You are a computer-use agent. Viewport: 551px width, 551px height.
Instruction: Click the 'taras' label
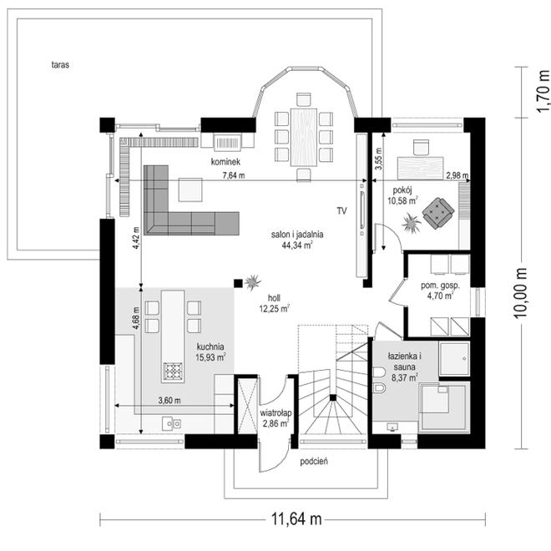[x=60, y=65]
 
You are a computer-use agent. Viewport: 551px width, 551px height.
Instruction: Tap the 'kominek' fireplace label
[x=225, y=162]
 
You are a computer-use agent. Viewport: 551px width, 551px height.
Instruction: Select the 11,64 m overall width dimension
[x=296, y=518]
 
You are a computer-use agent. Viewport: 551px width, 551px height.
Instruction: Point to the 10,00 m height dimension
[x=520, y=293]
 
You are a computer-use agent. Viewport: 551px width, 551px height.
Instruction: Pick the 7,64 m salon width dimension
[x=234, y=175]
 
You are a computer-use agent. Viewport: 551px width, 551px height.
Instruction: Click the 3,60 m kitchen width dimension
[x=169, y=400]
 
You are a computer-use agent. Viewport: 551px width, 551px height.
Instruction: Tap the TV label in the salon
[x=342, y=211]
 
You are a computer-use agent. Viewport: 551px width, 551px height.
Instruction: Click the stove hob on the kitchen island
[x=173, y=371]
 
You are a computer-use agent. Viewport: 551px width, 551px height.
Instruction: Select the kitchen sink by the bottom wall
[x=171, y=423]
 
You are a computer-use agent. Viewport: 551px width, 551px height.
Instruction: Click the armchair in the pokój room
[x=437, y=213]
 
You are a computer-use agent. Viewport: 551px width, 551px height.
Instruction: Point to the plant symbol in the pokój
[x=411, y=223]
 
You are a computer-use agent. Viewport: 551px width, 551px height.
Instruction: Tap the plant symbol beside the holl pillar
[x=253, y=282]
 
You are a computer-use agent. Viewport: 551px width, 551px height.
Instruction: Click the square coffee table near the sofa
[x=190, y=190]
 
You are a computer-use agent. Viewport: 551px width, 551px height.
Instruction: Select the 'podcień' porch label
[x=314, y=462]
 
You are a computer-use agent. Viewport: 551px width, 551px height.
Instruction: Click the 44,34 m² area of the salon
[x=297, y=245]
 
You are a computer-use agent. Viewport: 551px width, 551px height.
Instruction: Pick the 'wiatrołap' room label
[x=275, y=413]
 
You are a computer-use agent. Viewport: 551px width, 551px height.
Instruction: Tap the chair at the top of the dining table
[x=304, y=99]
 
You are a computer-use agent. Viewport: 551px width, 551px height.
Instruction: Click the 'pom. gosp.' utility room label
[x=440, y=286]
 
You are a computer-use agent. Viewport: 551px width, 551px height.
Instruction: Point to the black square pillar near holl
[x=238, y=283]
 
